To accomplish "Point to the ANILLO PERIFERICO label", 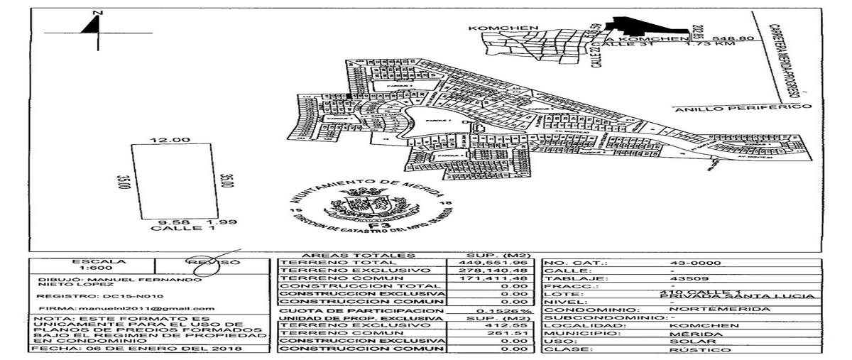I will pos(741,108).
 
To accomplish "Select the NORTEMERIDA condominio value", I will pos(705,310).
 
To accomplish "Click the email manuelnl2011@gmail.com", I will pos(148,308).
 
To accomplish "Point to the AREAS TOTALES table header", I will pos(347,254).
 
